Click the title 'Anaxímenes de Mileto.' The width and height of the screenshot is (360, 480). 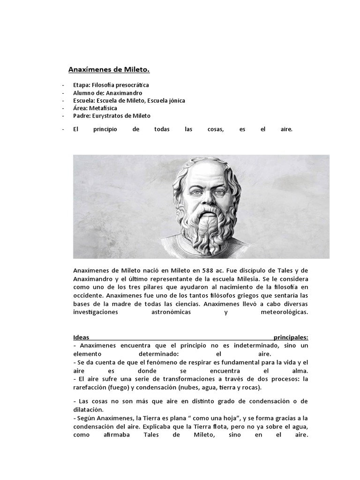(x=109, y=70)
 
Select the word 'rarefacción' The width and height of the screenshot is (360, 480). (x=90, y=387)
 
